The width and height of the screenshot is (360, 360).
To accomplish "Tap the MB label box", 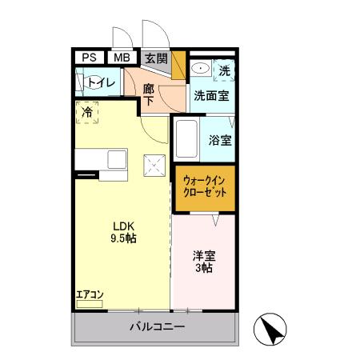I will coord(122,58).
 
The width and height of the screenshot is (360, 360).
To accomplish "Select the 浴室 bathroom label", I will coord(220,140).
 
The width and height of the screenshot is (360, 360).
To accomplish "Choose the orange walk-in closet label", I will coord(205,187).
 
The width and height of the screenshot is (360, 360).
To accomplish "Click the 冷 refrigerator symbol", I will coord(87,113).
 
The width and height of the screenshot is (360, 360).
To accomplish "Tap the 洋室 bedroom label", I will coord(204,258).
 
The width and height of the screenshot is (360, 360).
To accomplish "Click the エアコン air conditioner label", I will coord(90,295).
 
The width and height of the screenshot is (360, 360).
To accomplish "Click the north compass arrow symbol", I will coord(270,328).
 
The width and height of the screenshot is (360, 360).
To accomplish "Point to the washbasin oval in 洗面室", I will coord(200,70).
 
